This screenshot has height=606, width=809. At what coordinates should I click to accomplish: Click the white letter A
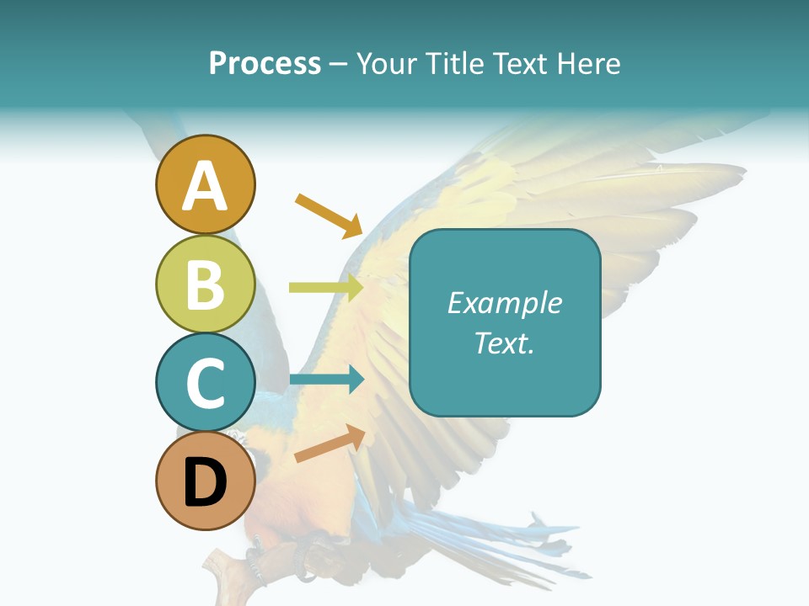click(205, 187)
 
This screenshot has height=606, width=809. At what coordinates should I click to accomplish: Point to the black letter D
click(205, 483)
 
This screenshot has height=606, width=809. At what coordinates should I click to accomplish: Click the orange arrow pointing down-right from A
click(329, 215)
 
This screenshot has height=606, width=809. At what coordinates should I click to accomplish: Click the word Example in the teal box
click(504, 303)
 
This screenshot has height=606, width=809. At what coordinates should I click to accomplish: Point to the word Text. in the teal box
click(504, 343)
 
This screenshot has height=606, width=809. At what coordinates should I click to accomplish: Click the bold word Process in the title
click(265, 64)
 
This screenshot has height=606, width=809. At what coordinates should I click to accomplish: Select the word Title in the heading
click(452, 64)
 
